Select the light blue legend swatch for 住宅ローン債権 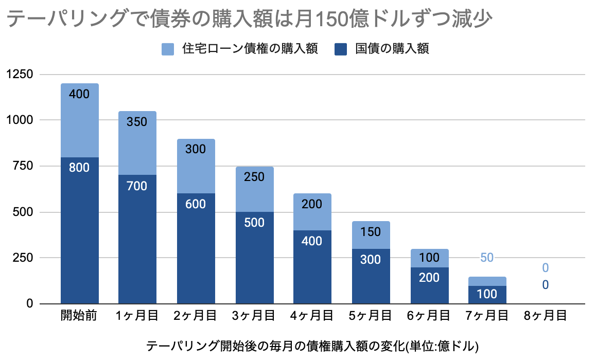168,49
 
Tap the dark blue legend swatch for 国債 341,49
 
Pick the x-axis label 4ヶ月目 312,315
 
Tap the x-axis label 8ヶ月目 545,315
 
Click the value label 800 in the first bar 79,167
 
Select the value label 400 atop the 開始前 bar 79,94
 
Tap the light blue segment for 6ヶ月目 429,259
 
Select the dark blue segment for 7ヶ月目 487,295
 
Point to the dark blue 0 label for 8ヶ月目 545,285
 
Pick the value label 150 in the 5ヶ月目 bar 370,231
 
